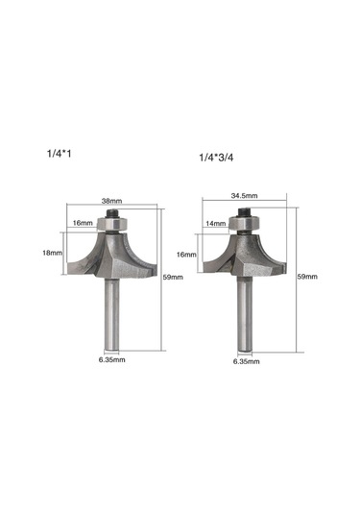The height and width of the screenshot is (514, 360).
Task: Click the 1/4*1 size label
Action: pyautogui.click(x=59, y=154)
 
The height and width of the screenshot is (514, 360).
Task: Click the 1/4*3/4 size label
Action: pyautogui.click(x=217, y=158)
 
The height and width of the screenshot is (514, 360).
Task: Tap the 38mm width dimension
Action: pyautogui.click(x=111, y=201)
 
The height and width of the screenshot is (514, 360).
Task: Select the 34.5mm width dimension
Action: pyautogui.click(x=245, y=196)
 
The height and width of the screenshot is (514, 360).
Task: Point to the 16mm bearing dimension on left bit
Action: pyautogui.click(x=83, y=223)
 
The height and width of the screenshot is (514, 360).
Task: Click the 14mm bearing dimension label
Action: pyautogui.click(x=216, y=224)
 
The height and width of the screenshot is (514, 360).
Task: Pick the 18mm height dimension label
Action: pyautogui.click(x=52, y=253)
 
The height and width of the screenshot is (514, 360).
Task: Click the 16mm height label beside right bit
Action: pyautogui.click(x=186, y=255)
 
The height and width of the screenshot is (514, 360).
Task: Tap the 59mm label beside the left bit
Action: pyautogui.click(x=173, y=277)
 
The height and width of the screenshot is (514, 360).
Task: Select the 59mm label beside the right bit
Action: pyautogui.click(x=307, y=277)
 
